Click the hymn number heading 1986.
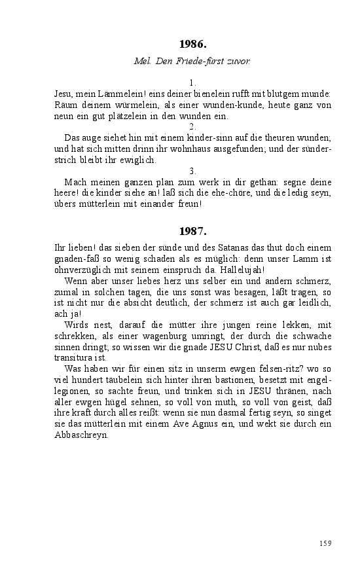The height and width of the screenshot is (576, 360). (192, 45)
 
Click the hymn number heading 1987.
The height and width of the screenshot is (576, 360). (192, 231)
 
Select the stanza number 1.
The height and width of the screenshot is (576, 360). (192, 83)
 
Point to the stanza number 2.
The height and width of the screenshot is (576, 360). (192, 126)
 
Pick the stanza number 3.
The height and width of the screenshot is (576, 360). (192, 170)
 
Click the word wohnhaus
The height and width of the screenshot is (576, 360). (189, 149)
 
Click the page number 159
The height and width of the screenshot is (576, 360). (325, 543)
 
